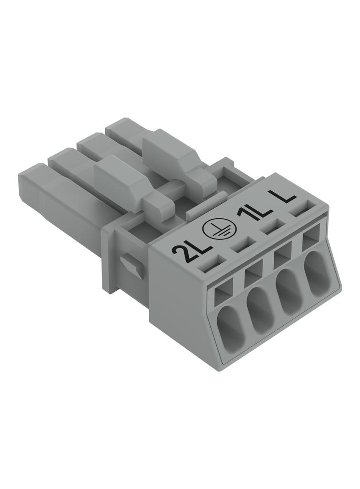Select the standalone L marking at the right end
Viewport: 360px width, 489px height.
pos(282,195)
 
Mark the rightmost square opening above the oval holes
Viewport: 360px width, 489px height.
pos(312,239)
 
